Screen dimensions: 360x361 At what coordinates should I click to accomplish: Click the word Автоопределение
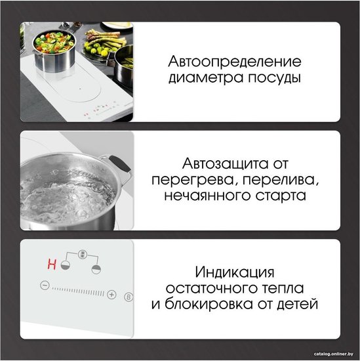[235, 62]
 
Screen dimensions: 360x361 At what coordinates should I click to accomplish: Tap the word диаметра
[206, 78]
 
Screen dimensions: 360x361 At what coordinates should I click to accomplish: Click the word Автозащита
[225, 164]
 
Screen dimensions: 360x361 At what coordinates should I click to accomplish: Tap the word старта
[281, 196]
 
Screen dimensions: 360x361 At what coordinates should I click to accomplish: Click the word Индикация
[235, 272]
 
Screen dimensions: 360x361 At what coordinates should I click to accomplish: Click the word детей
[298, 305]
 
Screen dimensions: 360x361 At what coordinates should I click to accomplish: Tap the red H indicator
[52, 264]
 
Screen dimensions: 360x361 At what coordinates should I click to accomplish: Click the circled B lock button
[129, 297]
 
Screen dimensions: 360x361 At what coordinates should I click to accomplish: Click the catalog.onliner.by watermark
[333, 354]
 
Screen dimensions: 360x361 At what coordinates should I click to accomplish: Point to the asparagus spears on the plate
[106, 39]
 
